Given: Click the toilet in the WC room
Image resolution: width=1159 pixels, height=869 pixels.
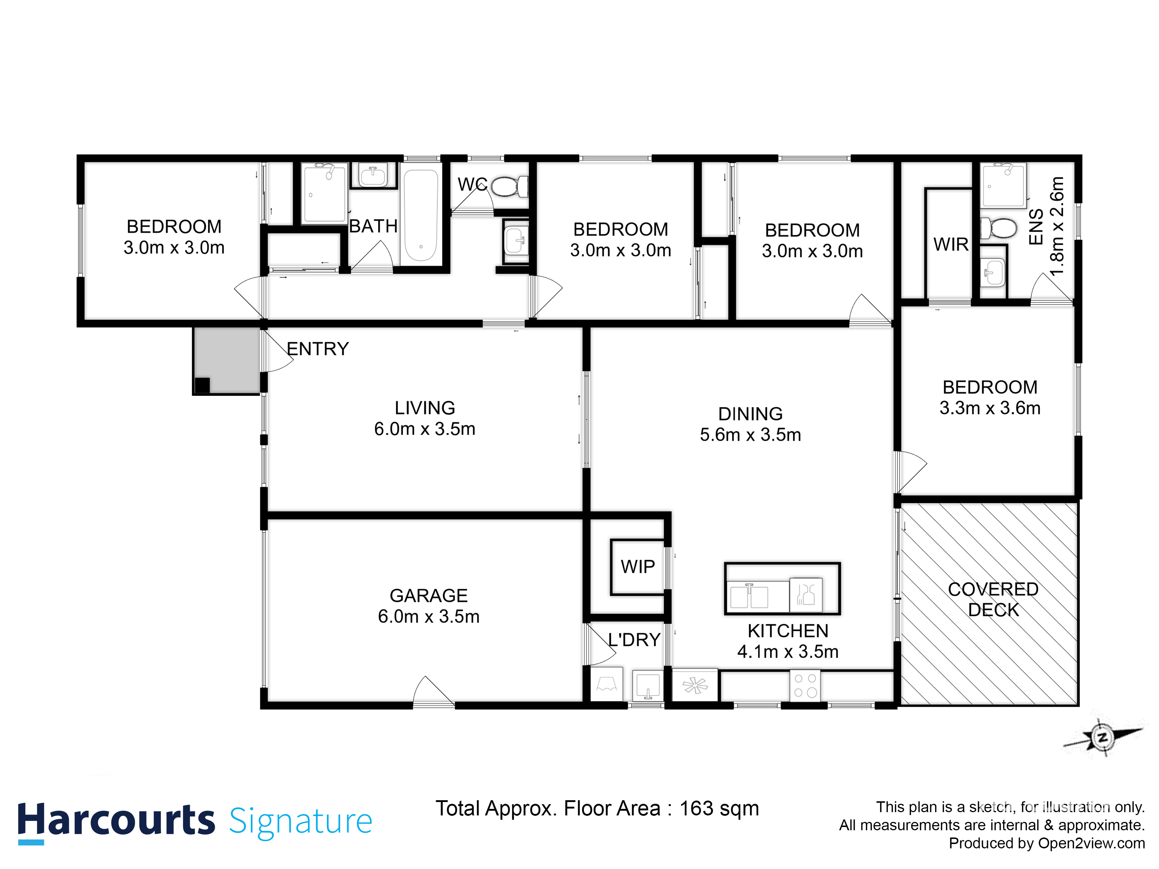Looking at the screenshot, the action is [x=509, y=186].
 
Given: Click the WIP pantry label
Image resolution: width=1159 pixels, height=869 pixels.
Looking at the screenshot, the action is [x=638, y=567].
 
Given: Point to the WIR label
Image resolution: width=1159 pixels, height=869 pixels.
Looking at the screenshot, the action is [x=951, y=245].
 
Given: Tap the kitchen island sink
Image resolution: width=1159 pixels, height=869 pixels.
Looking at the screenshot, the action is [x=749, y=596].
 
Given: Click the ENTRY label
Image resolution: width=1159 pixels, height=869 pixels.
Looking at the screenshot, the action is [x=318, y=349].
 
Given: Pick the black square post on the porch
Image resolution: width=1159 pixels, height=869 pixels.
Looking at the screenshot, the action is [x=202, y=386].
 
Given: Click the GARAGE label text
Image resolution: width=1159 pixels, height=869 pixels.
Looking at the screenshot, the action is [x=428, y=596].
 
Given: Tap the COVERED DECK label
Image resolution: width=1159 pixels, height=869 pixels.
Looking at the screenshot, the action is [x=993, y=600].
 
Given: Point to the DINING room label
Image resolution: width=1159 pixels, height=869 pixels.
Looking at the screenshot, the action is [x=750, y=414].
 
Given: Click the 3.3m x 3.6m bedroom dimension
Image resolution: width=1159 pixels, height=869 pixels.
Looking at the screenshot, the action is [x=990, y=408].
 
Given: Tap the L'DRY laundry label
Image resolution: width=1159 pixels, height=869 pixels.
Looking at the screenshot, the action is [x=634, y=639].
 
